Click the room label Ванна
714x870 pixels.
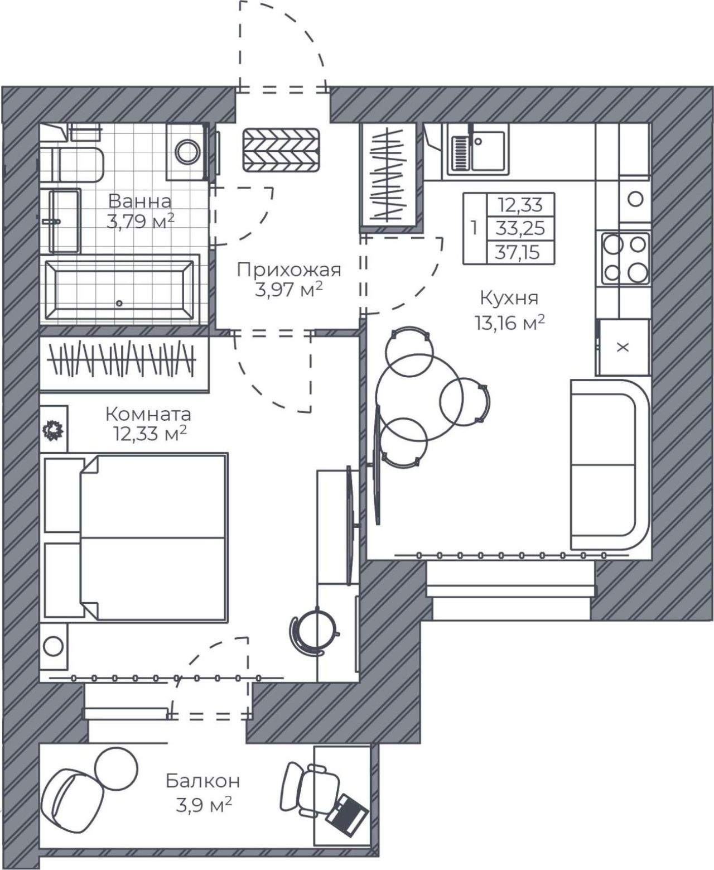140,201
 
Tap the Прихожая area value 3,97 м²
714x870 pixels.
288,290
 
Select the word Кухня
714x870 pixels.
509,298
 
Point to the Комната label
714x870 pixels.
148,414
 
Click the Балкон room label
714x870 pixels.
203,781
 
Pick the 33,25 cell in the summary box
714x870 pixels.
520,228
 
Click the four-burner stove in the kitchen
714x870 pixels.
625,258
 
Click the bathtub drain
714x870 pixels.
119,303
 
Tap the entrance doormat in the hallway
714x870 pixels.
281,150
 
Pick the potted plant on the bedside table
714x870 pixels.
53,431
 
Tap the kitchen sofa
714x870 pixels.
610,465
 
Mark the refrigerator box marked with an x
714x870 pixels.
623,347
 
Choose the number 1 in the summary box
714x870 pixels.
475,228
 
